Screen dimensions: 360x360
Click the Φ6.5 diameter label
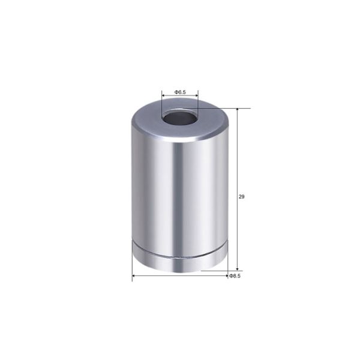point(180,92)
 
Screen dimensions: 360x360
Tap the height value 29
point(241,196)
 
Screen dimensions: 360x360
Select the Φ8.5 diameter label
point(234,276)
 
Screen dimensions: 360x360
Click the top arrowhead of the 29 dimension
point(238,111)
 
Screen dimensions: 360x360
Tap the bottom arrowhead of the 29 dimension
point(238,268)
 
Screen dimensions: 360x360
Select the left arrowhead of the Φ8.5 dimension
point(134,276)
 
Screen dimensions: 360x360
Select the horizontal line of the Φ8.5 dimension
point(180,276)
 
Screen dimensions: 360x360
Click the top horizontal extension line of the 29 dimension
point(231,108)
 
